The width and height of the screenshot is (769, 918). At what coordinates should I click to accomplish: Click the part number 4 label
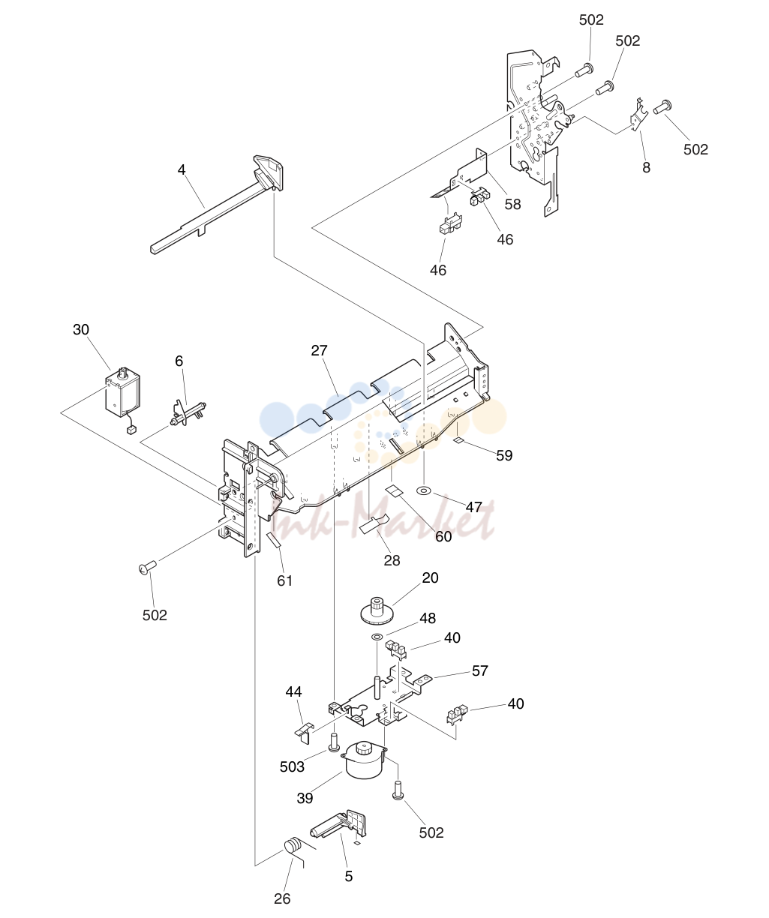pyautogui.click(x=182, y=169)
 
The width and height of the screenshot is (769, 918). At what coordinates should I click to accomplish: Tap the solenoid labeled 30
pyautogui.click(x=123, y=392)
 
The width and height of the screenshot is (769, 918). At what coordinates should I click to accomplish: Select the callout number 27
pyautogui.click(x=320, y=350)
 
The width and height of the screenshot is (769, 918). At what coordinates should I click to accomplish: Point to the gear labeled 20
pyautogui.click(x=377, y=610)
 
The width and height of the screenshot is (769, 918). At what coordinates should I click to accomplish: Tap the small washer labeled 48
pyautogui.click(x=377, y=637)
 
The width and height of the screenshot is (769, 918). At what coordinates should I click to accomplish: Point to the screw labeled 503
pyautogui.click(x=333, y=742)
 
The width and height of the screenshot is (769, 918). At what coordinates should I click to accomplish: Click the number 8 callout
pyautogui.click(x=646, y=167)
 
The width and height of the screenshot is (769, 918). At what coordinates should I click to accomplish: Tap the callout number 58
pyautogui.click(x=512, y=205)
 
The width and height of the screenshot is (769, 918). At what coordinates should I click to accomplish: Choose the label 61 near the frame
pyautogui.click(x=284, y=580)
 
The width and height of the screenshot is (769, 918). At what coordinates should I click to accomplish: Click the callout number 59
pyautogui.click(x=504, y=455)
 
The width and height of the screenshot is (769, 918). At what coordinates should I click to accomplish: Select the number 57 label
pyautogui.click(x=480, y=671)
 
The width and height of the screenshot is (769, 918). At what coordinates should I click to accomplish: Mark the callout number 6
pyautogui.click(x=179, y=361)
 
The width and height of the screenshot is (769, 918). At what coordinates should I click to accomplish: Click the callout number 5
pyautogui.click(x=348, y=877)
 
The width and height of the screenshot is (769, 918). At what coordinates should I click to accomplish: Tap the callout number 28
pyautogui.click(x=392, y=560)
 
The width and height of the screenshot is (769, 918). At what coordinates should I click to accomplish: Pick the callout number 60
pyautogui.click(x=443, y=536)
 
